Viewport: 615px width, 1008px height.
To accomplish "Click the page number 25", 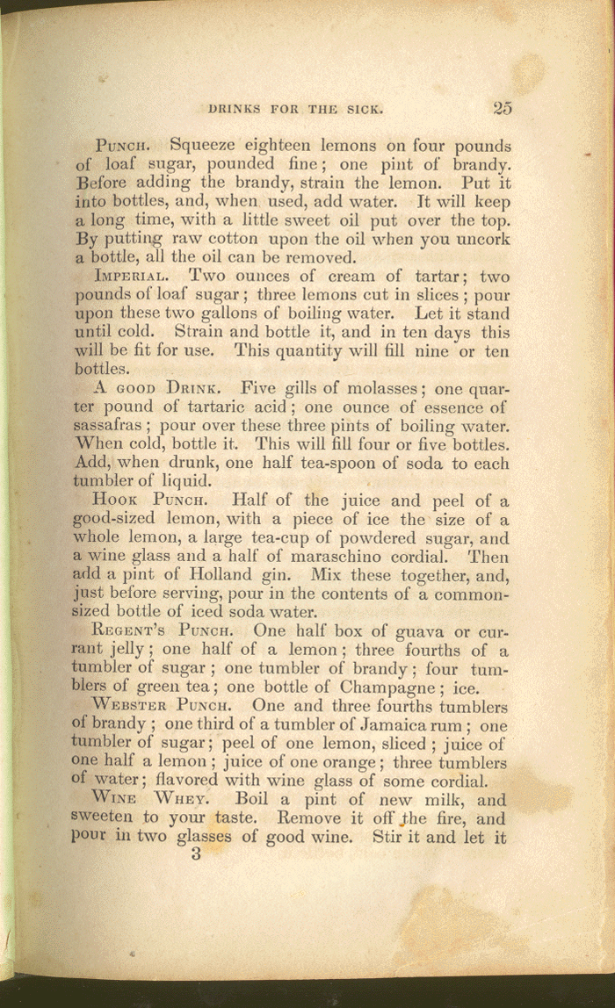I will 503,108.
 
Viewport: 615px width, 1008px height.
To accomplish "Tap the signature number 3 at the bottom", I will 196,853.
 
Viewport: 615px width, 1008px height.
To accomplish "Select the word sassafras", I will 116,426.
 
